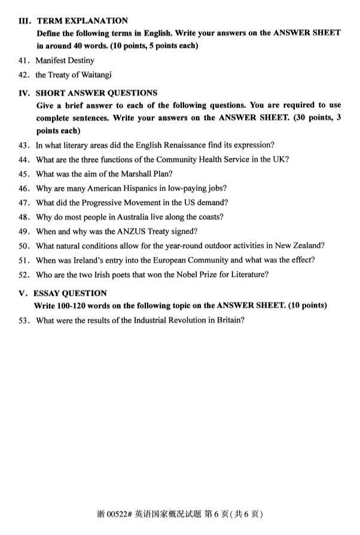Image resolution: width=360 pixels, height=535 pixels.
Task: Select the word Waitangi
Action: coord(94,75)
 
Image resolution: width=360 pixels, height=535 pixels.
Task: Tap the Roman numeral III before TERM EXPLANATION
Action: coord(24,21)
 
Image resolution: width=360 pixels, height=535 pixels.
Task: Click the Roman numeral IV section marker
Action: coord(24,93)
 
